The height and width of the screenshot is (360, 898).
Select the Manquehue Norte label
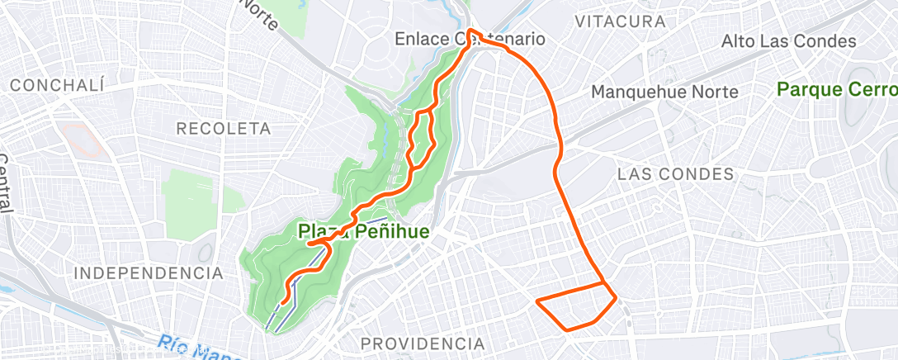(x=664, y=92)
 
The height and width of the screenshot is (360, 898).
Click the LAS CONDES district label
(x=675, y=173)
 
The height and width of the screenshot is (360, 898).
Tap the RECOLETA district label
(x=224, y=128)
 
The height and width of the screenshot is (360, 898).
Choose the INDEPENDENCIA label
(x=148, y=272)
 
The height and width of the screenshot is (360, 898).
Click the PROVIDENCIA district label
(x=423, y=343)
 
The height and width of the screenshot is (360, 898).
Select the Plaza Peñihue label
(x=363, y=232)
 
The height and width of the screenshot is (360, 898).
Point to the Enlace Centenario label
(x=470, y=39)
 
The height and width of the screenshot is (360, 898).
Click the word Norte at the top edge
(x=260, y=12)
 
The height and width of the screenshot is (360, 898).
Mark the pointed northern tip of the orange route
(x=470, y=31)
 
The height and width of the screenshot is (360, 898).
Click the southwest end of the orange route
(x=282, y=303)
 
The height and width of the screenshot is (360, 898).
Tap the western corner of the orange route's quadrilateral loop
(x=538, y=301)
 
